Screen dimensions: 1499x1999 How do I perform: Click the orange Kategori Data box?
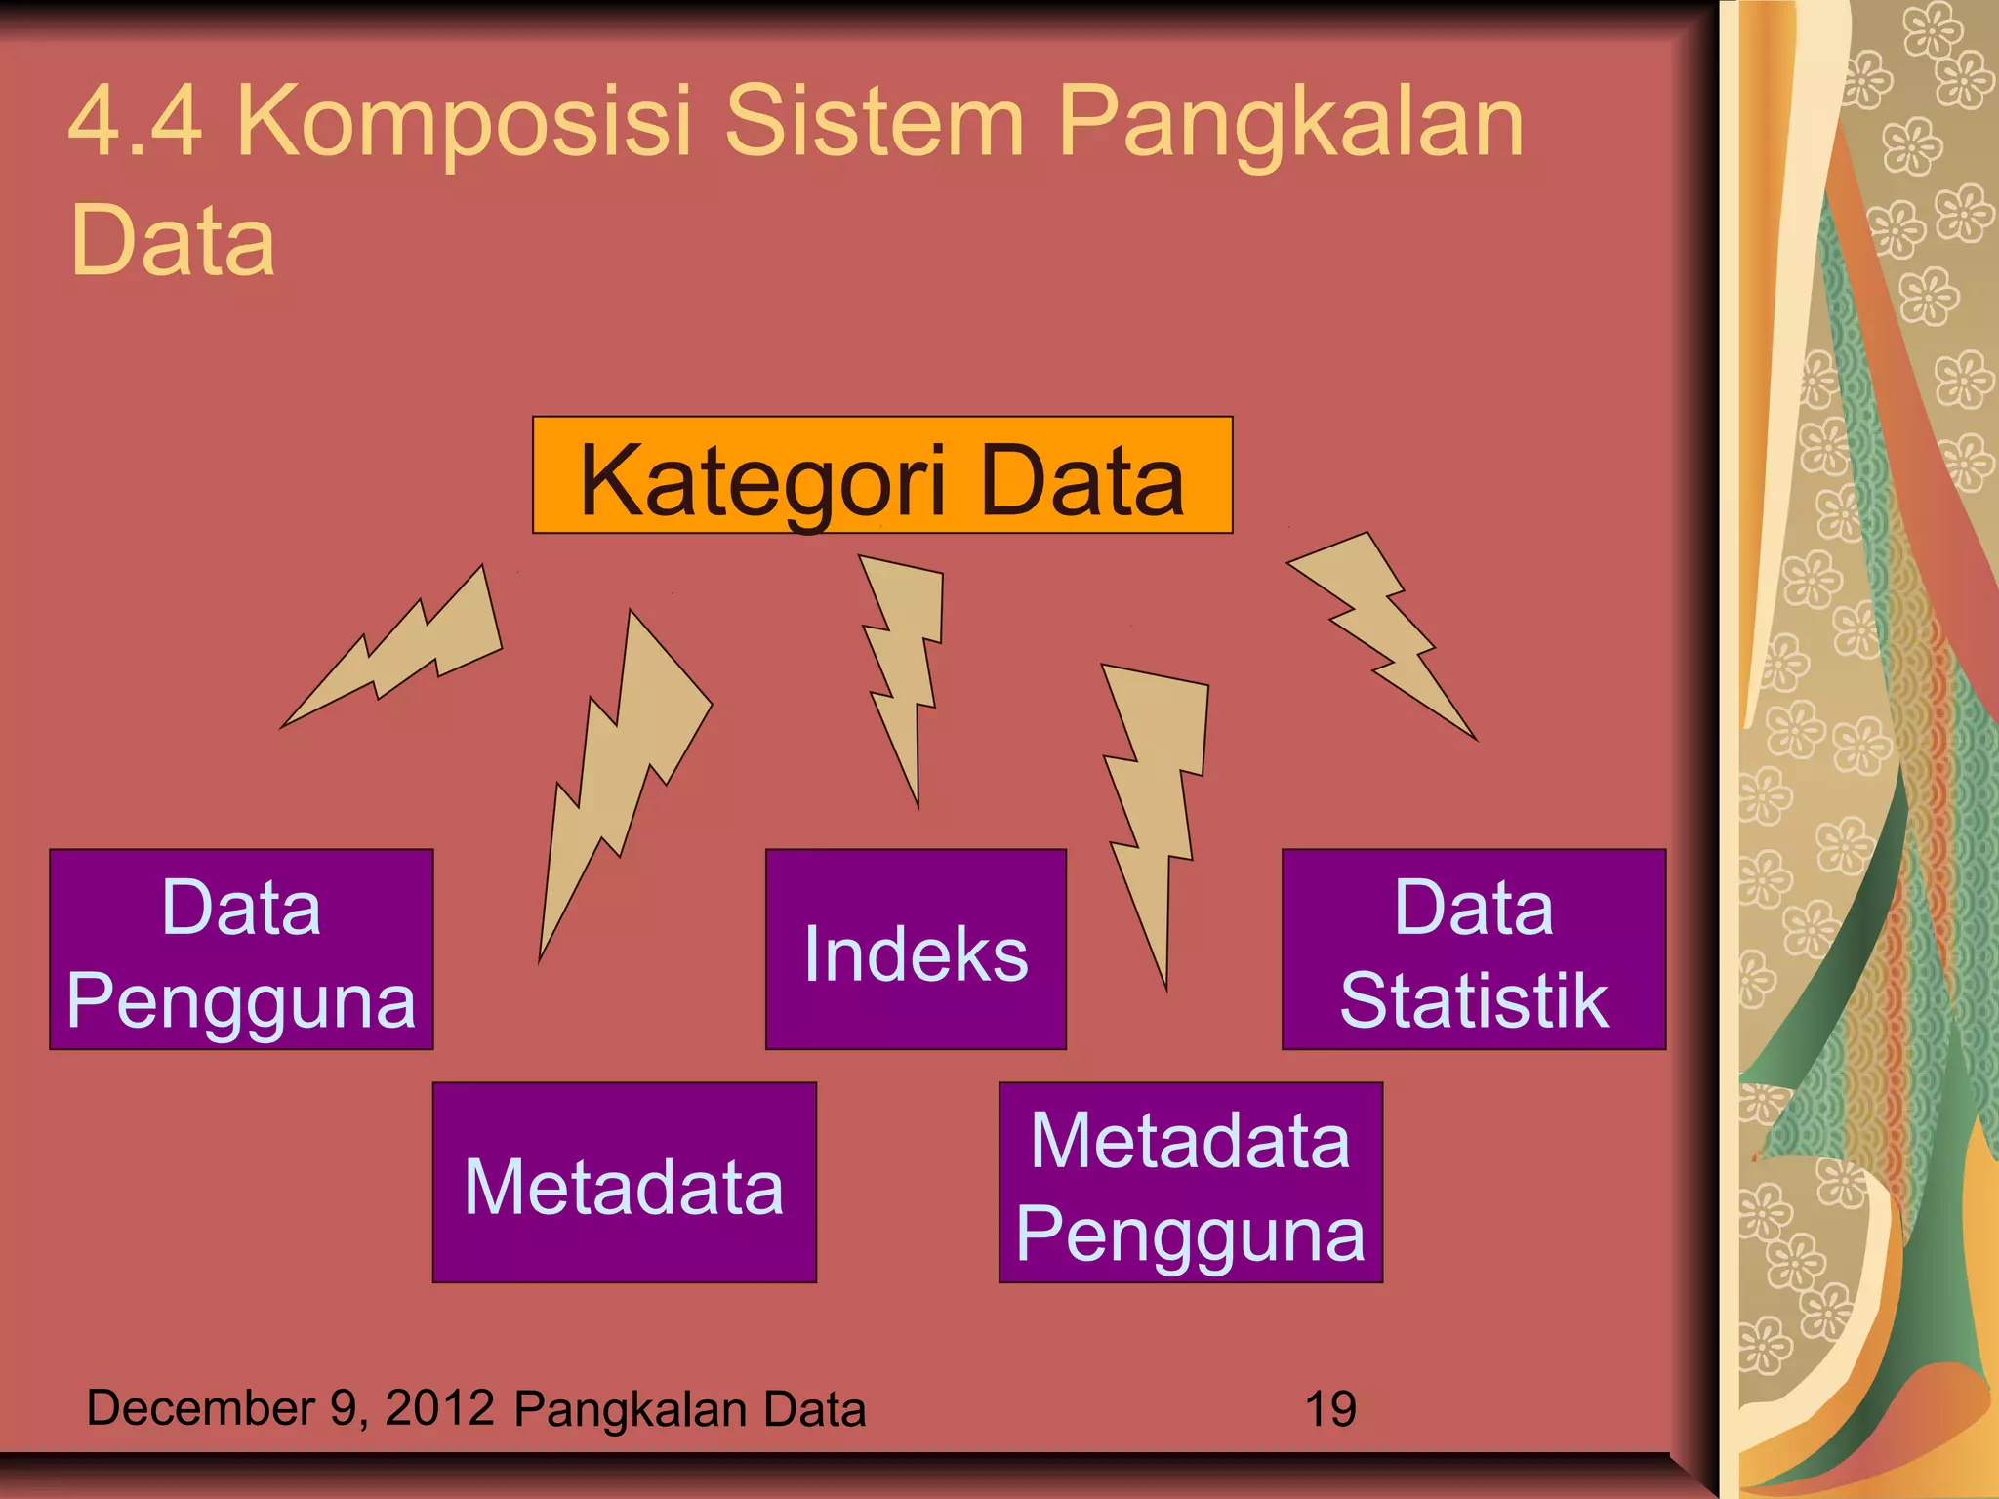pyautogui.click(x=882, y=475)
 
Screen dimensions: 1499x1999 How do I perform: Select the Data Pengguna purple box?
pyautogui.click(x=241, y=950)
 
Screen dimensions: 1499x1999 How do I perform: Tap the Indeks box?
pyautogui.click(x=916, y=950)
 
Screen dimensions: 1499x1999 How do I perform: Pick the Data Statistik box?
pyautogui.click(x=1473, y=950)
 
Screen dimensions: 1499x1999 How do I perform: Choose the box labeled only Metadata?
pyautogui.click(x=624, y=1183)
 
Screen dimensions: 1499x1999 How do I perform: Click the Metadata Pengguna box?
pyautogui.click(x=1190, y=1183)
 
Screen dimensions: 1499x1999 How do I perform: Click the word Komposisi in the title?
pyautogui.click(x=464, y=122)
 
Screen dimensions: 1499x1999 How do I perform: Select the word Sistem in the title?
pyautogui.click(x=875, y=122)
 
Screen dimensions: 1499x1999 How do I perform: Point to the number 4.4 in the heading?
pyautogui.click(x=136, y=122)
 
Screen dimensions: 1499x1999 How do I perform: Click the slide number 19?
pyautogui.click(x=1329, y=1409)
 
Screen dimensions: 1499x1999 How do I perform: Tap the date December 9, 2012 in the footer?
pyautogui.click(x=290, y=1408)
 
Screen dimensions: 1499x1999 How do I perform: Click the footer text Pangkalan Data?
pyautogui.click(x=690, y=1409)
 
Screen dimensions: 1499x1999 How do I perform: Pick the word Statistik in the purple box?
pyautogui.click(x=1473, y=1000)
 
